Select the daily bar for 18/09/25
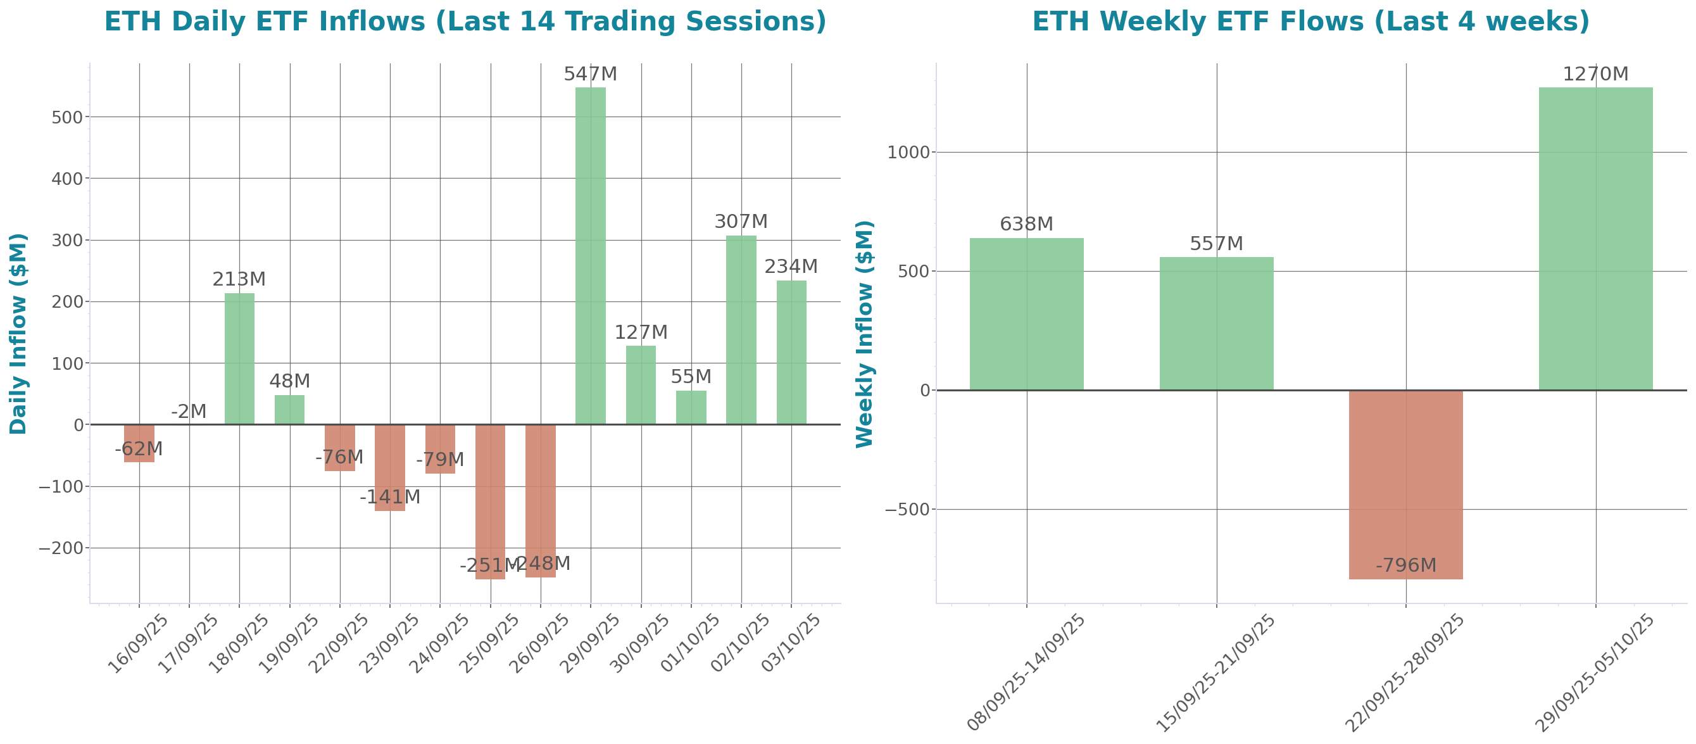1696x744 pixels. click(x=239, y=358)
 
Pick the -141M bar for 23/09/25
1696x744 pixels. click(x=390, y=467)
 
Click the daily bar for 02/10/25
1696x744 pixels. click(x=741, y=329)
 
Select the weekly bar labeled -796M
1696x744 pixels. click(x=1405, y=484)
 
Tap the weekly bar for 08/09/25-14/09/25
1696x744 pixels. click(x=1026, y=313)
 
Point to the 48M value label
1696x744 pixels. click(x=289, y=381)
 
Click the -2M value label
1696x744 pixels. click(x=189, y=412)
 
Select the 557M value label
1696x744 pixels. click(x=1216, y=244)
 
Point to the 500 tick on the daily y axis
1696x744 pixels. click(x=67, y=117)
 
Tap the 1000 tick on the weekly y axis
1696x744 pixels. click(x=908, y=153)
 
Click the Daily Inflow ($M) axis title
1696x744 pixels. click(x=18, y=333)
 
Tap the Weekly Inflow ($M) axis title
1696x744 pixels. click(x=864, y=333)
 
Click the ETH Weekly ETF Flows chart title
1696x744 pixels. click(x=1310, y=21)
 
